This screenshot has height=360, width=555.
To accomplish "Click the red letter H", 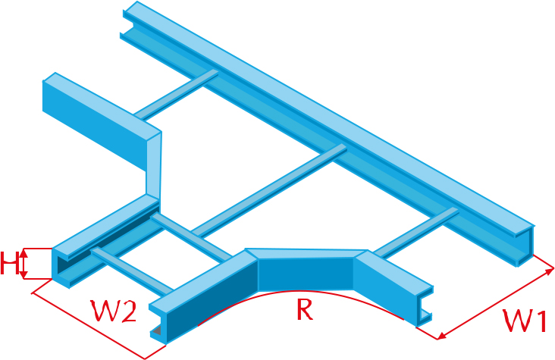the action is pos(10,263).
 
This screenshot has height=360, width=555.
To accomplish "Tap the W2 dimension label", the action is pos(113,311).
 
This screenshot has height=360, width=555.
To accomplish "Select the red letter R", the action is pos(305,309).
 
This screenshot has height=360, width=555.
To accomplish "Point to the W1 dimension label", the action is pos(525,321).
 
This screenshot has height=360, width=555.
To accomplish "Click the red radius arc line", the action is pos(301,291).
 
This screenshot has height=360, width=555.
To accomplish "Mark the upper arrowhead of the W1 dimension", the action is pos(550,271).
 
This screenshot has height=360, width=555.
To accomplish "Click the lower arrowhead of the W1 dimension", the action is pos(442,336).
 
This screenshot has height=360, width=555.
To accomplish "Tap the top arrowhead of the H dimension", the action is pos(24,252).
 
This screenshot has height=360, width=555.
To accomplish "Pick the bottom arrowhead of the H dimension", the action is pos(24,274).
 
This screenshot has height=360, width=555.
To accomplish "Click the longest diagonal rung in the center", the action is pos(269,190).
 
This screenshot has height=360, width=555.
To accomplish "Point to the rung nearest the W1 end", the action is pos(416,232).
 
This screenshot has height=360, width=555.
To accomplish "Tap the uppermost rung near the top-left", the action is pos(176,94).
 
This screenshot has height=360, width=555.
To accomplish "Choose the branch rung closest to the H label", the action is pos(133,271).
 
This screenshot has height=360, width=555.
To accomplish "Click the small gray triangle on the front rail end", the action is pos(156,330).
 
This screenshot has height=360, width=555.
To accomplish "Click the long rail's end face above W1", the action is pos(525,247).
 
